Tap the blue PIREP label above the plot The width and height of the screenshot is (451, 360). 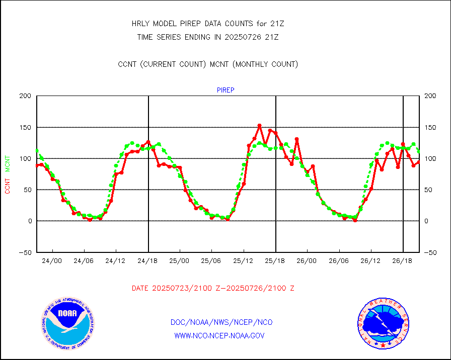pyautogui.click(x=225, y=90)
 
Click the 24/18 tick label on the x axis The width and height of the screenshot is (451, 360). pyautogui.click(x=148, y=261)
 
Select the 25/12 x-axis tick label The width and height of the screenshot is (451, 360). pyautogui.click(x=244, y=261)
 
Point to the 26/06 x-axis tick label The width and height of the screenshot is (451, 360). pyautogui.click(x=339, y=261)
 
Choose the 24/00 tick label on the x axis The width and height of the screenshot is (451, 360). pyautogui.click(x=52, y=261)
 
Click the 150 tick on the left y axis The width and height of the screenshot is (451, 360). pyautogui.click(x=25, y=127)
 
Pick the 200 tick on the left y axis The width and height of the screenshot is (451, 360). pyautogui.click(x=25, y=96)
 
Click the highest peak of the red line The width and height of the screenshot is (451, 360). pyautogui.click(x=259, y=125)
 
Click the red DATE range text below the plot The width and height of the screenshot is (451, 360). pyautogui.click(x=213, y=288)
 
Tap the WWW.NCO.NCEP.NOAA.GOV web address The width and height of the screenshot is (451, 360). pyautogui.click(x=219, y=335)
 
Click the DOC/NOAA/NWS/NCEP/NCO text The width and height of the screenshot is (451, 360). pyautogui.click(x=222, y=322)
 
